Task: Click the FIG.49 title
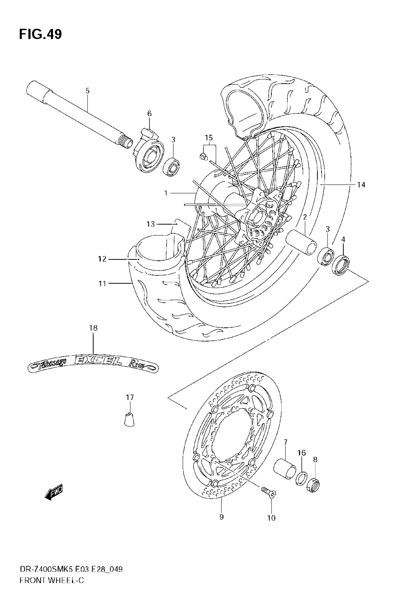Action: tap(40, 34)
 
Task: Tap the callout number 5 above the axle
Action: tap(88, 91)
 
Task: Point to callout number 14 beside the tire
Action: tap(361, 185)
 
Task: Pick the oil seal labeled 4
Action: tap(341, 265)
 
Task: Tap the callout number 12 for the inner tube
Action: tap(102, 259)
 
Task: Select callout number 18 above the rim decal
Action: tap(93, 328)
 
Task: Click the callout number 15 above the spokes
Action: tap(209, 138)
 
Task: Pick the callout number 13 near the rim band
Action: tap(151, 224)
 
